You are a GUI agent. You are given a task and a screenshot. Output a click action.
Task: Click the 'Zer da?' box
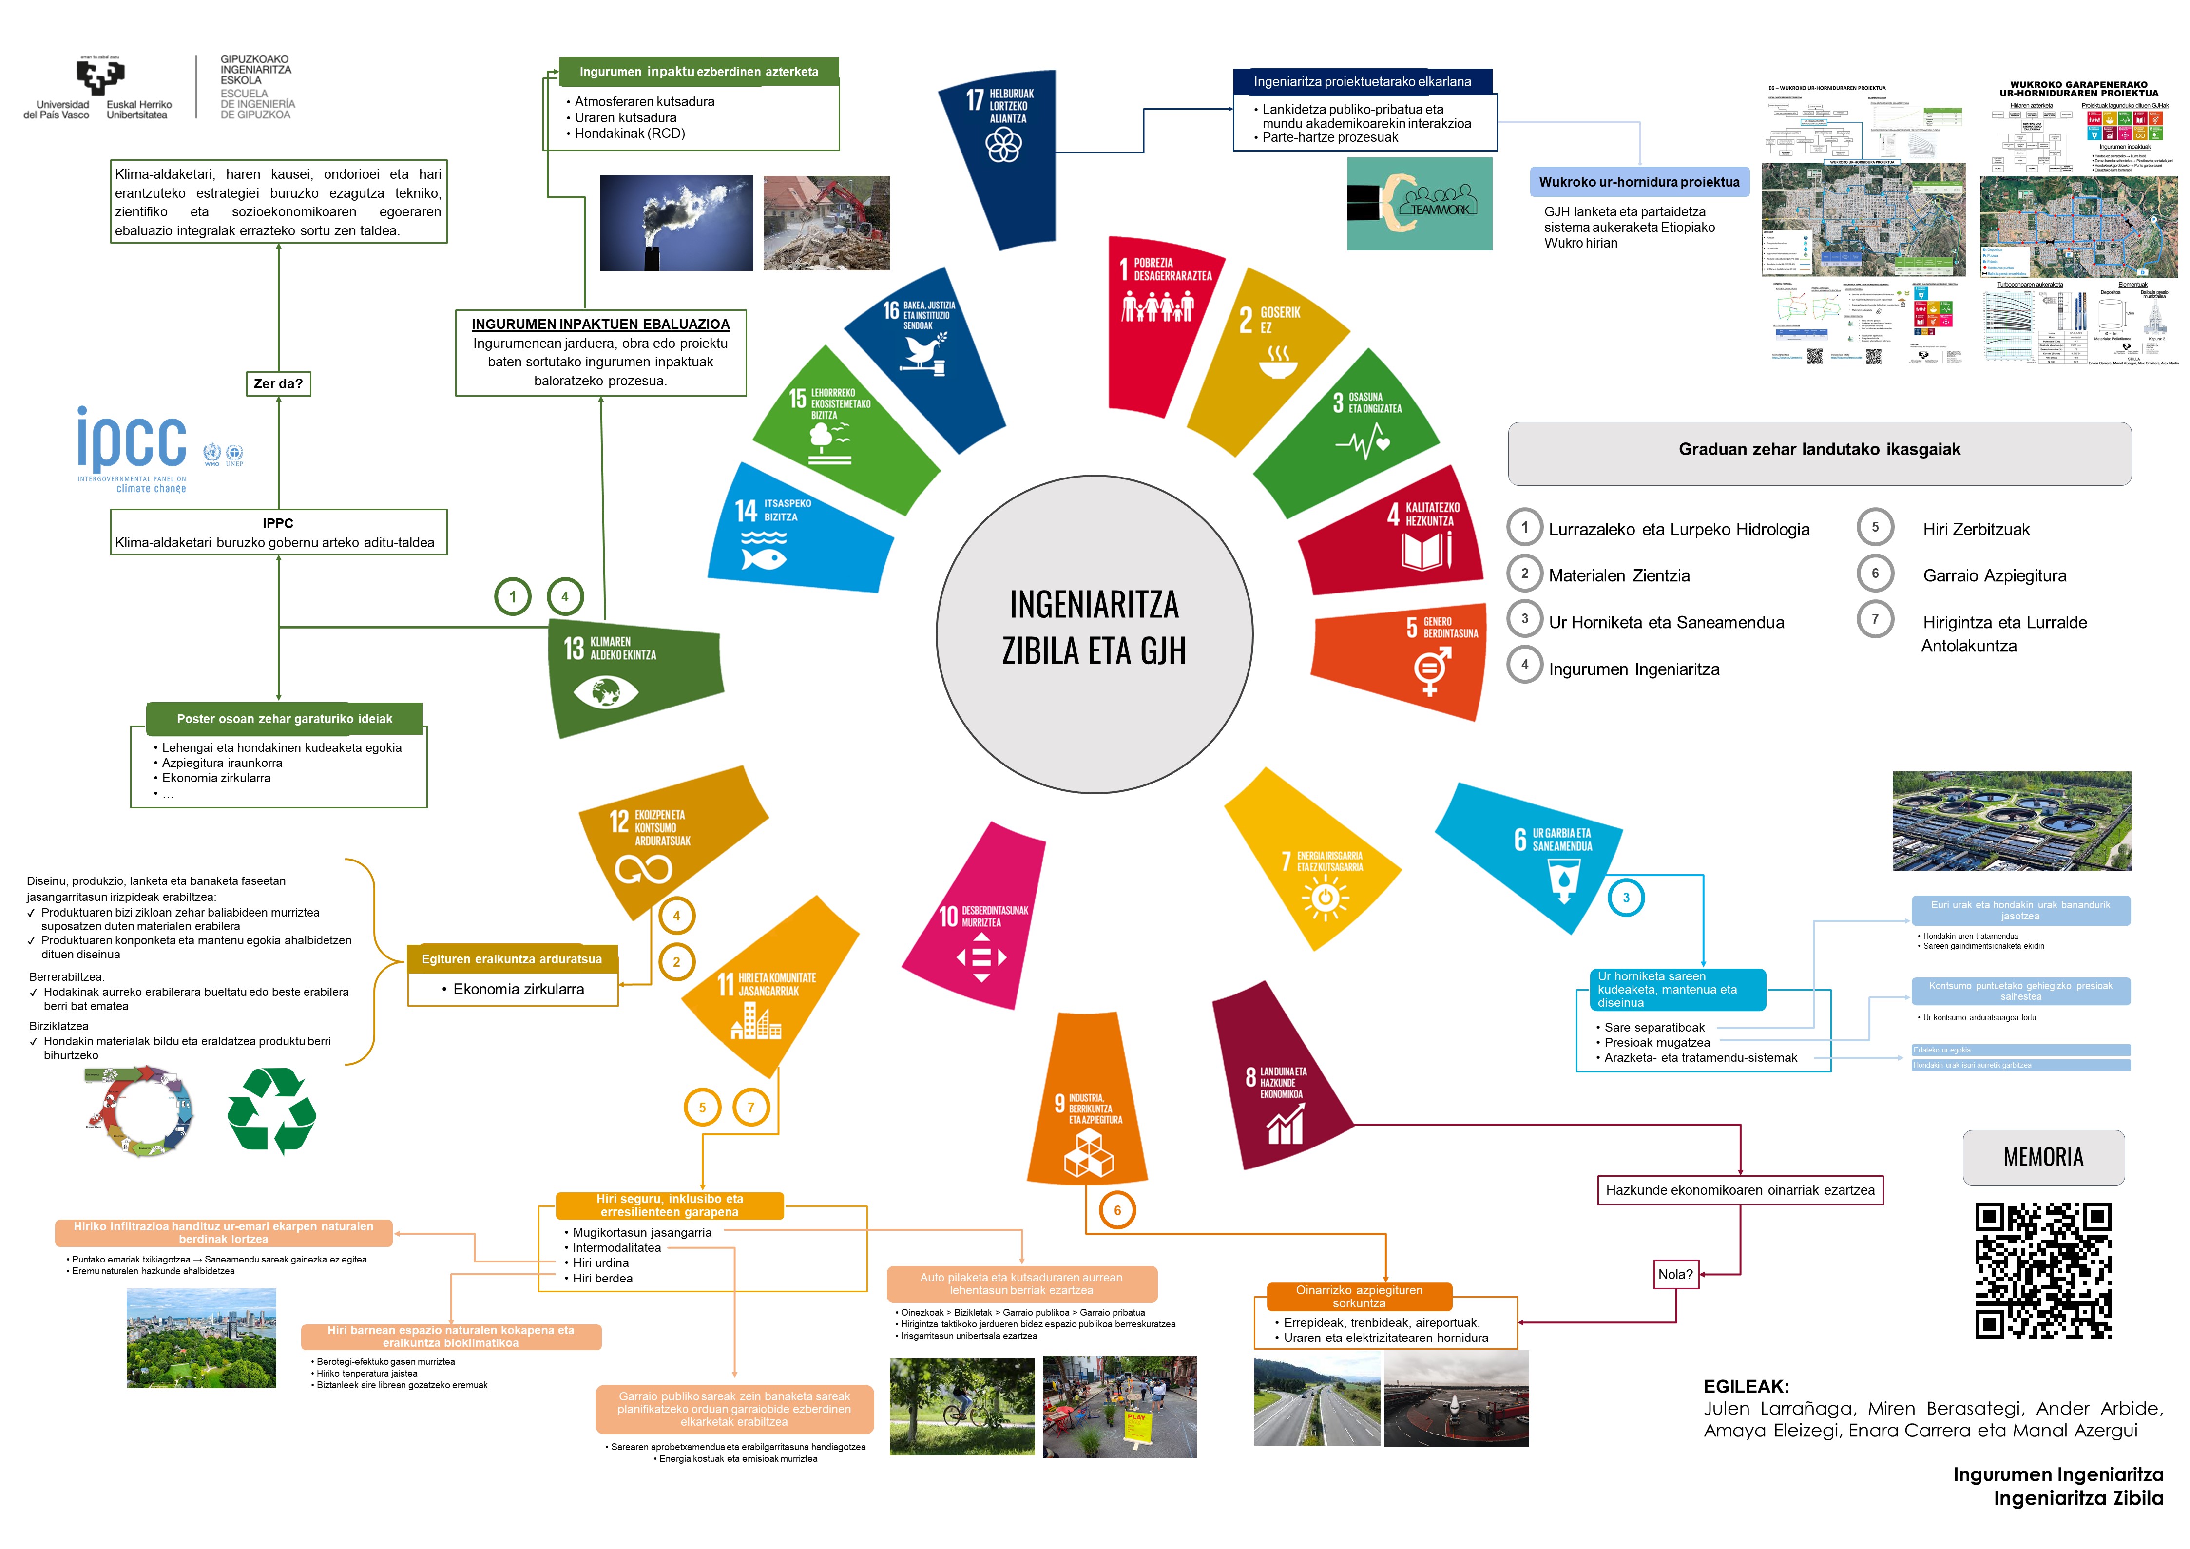coord(278,383)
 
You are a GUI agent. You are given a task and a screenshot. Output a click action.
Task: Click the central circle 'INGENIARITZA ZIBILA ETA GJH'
coord(1094,634)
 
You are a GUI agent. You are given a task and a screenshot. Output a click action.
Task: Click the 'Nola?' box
coord(1675,1274)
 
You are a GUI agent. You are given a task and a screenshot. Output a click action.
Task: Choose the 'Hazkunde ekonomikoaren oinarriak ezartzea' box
coord(1740,1190)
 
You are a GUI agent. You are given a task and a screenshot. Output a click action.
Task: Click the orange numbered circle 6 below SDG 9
coord(1117,1210)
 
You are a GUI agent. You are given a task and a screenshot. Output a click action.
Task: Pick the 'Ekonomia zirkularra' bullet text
coord(518,989)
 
